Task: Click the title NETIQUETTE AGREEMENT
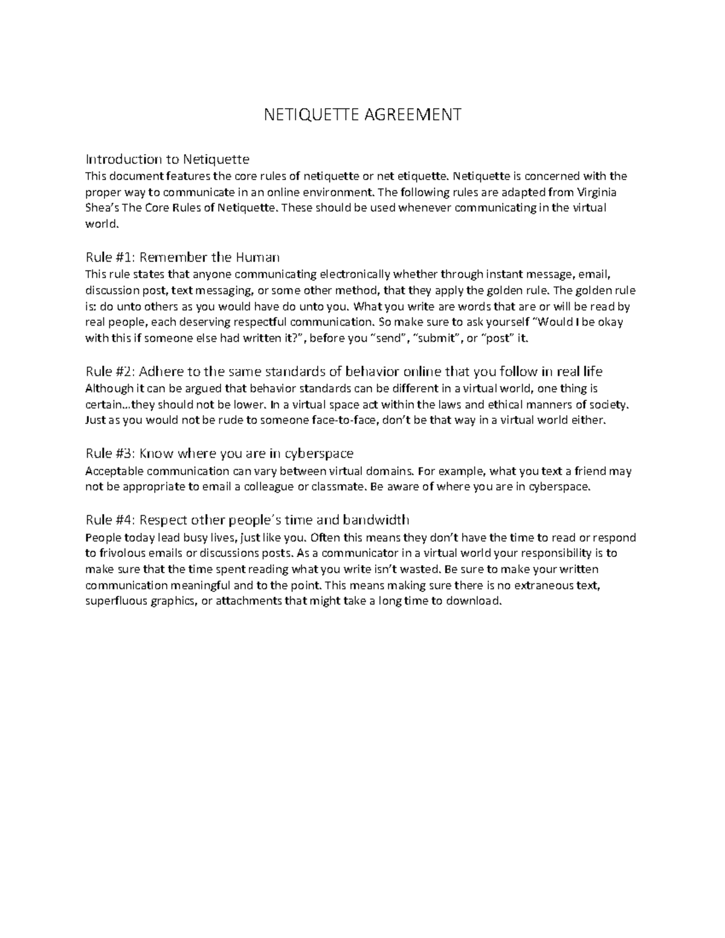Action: click(362, 114)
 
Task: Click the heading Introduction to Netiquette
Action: click(167, 159)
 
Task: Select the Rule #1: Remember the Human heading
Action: click(182, 257)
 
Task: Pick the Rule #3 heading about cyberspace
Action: click(219, 454)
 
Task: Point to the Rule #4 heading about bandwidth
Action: click(248, 520)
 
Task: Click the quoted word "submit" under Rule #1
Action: click(436, 338)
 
